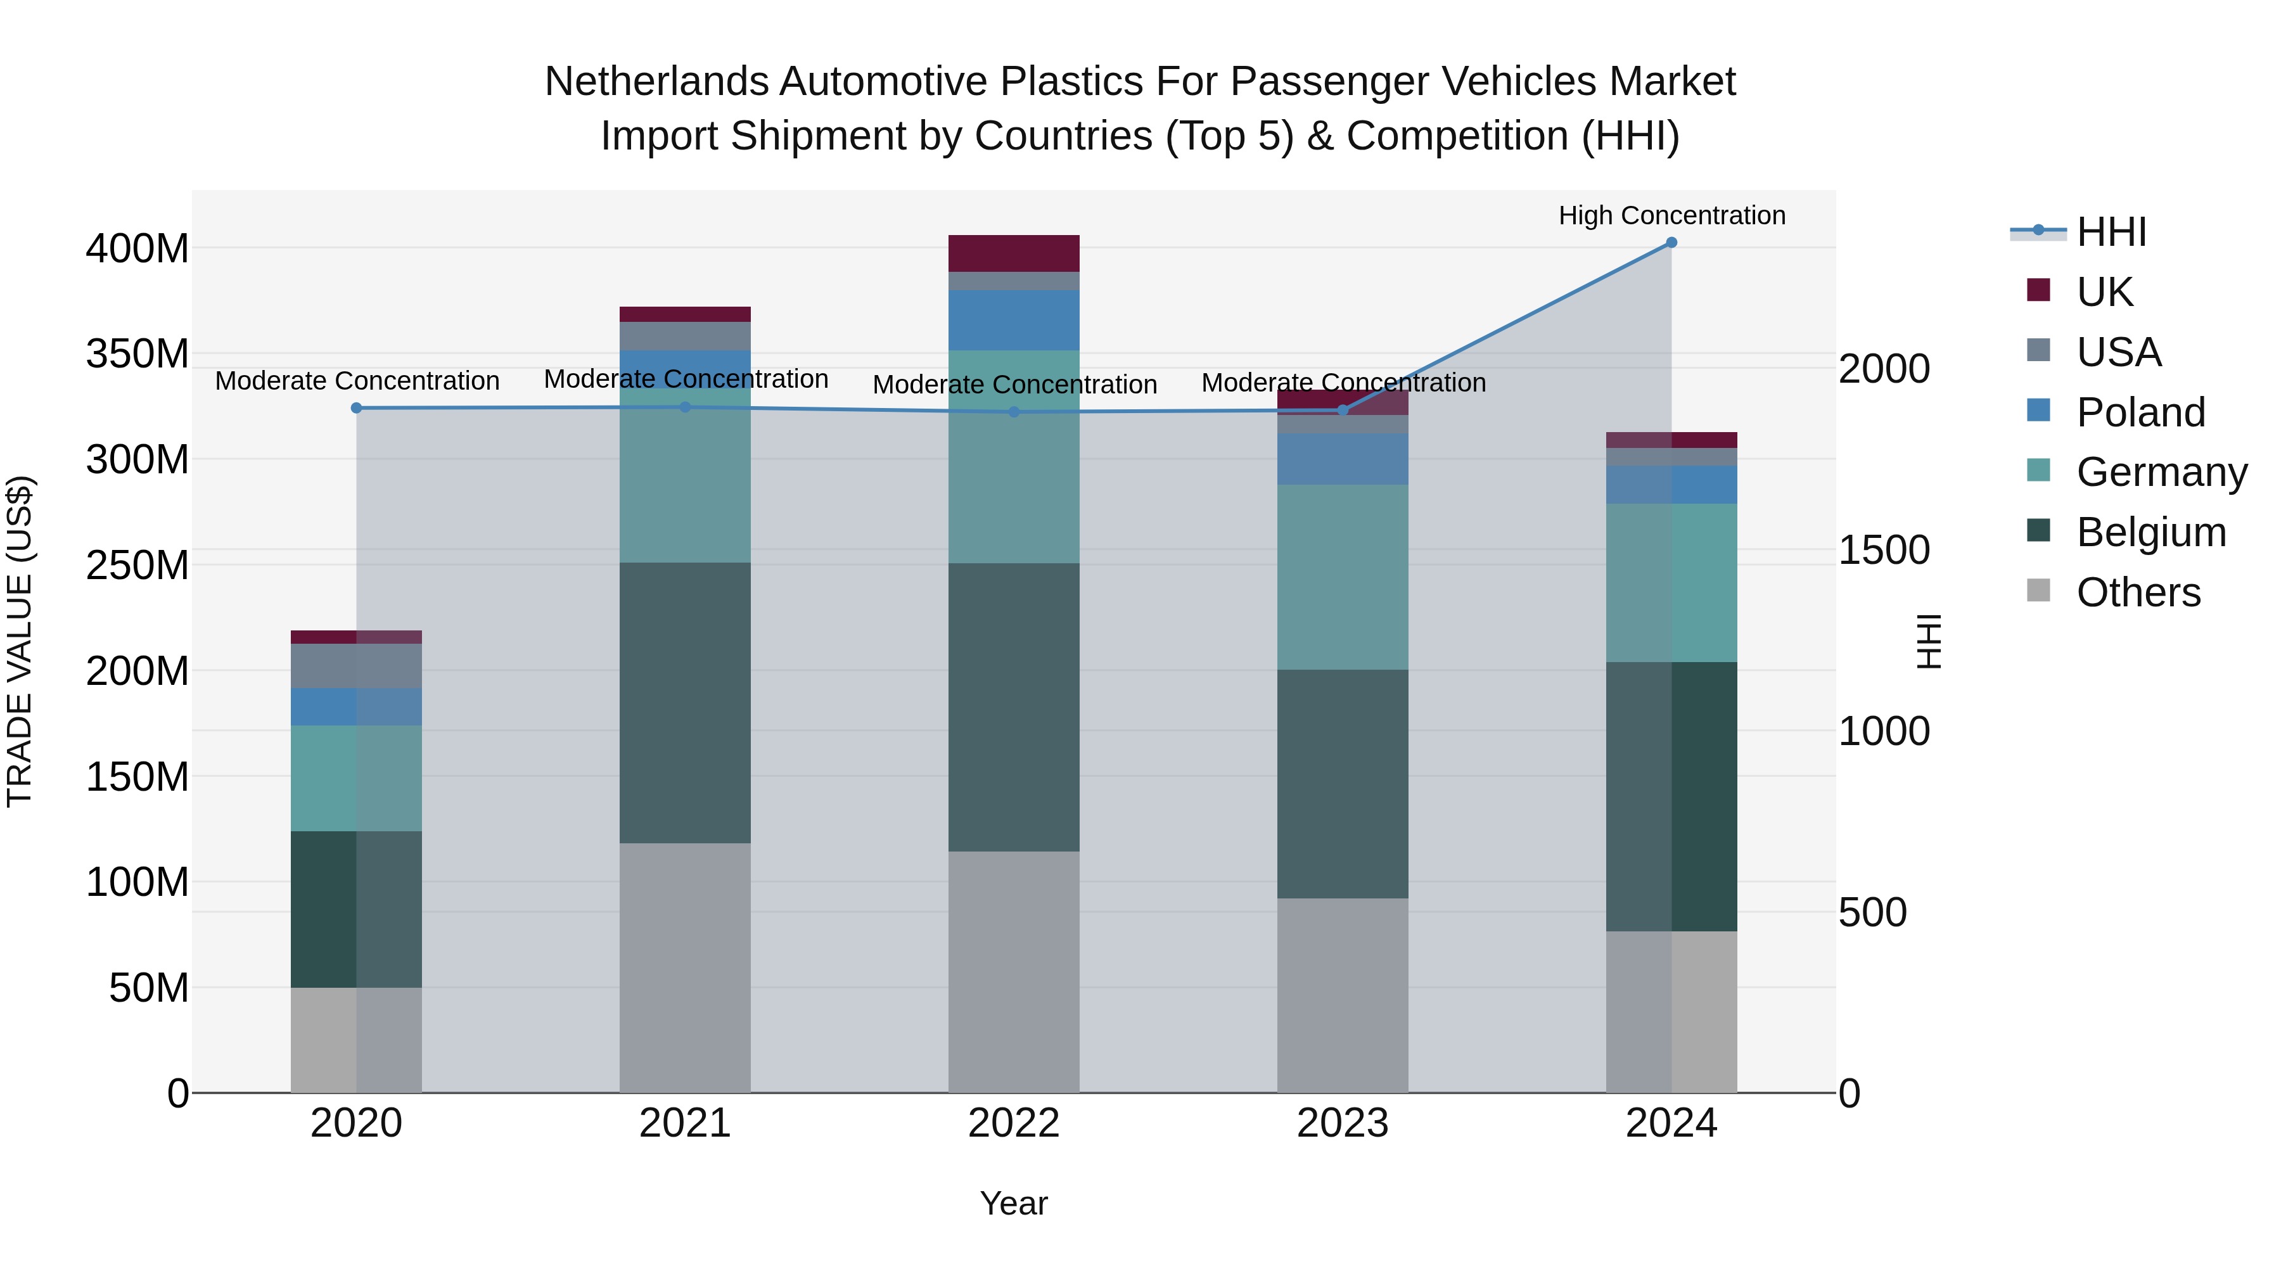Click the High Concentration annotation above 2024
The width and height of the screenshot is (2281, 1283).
pos(1671,215)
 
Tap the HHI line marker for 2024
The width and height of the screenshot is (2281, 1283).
pos(1671,243)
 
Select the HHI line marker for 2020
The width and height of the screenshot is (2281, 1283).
pos(357,408)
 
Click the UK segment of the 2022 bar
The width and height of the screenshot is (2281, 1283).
pos(1014,253)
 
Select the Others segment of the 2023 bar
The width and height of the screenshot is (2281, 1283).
pos(1343,995)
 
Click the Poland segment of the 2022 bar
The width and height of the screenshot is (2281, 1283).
pos(1014,320)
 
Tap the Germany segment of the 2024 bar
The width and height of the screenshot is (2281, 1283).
pos(1671,583)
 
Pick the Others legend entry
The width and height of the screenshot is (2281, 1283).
pos(2138,592)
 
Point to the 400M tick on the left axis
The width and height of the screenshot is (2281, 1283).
pos(137,249)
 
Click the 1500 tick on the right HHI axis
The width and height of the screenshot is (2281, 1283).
pos(1884,551)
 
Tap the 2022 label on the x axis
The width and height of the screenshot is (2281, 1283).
pos(1014,1123)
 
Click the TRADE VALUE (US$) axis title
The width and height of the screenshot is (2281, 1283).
pos(20,641)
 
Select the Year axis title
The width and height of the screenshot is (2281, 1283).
pos(1014,1203)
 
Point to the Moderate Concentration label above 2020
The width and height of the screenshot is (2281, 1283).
pos(357,381)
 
